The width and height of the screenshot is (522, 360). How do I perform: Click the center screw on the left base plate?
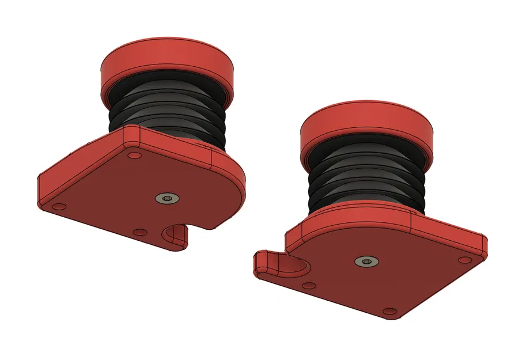167,198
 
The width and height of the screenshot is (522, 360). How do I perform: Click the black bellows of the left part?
167,115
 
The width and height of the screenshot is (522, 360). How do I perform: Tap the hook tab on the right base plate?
266,263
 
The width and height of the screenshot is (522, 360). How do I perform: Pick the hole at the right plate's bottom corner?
391,312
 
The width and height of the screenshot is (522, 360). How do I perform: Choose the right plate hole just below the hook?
309,285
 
